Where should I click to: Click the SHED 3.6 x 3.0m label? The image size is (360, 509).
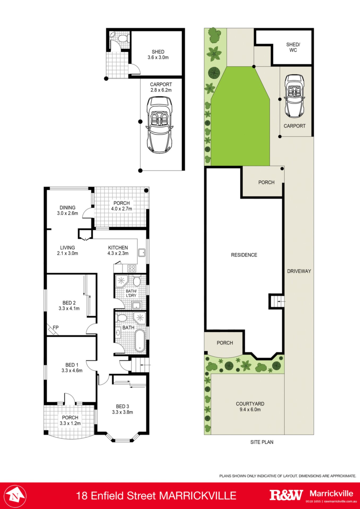(x=158, y=55)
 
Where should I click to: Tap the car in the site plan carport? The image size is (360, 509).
(x=294, y=96)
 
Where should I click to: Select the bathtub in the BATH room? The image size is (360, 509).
(x=140, y=340)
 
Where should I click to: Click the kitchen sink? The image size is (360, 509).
(x=142, y=252)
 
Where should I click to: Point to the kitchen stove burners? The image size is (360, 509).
(x=132, y=268)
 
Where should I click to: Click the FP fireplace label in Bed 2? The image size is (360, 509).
(x=55, y=327)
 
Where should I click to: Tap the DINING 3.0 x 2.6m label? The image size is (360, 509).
(x=67, y=210)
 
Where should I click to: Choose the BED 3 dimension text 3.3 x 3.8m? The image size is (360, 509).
(x=122, y=412)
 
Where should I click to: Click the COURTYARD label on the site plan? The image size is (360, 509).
(x=250, y=404)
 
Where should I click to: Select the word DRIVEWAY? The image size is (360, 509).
(x=299, y=271)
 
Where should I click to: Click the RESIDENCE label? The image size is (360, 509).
(x=244, y=255)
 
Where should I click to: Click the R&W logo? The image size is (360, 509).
(x=286, y=495)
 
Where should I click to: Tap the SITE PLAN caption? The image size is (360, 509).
(x=262, y=442)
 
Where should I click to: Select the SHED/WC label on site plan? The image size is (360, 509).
(x=293, y=47)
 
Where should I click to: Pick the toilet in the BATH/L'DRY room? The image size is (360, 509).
(x=137, y=281)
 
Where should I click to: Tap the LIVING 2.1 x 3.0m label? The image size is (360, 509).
(x=67, y=250)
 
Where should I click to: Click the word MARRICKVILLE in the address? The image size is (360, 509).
(x=198, y=496)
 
